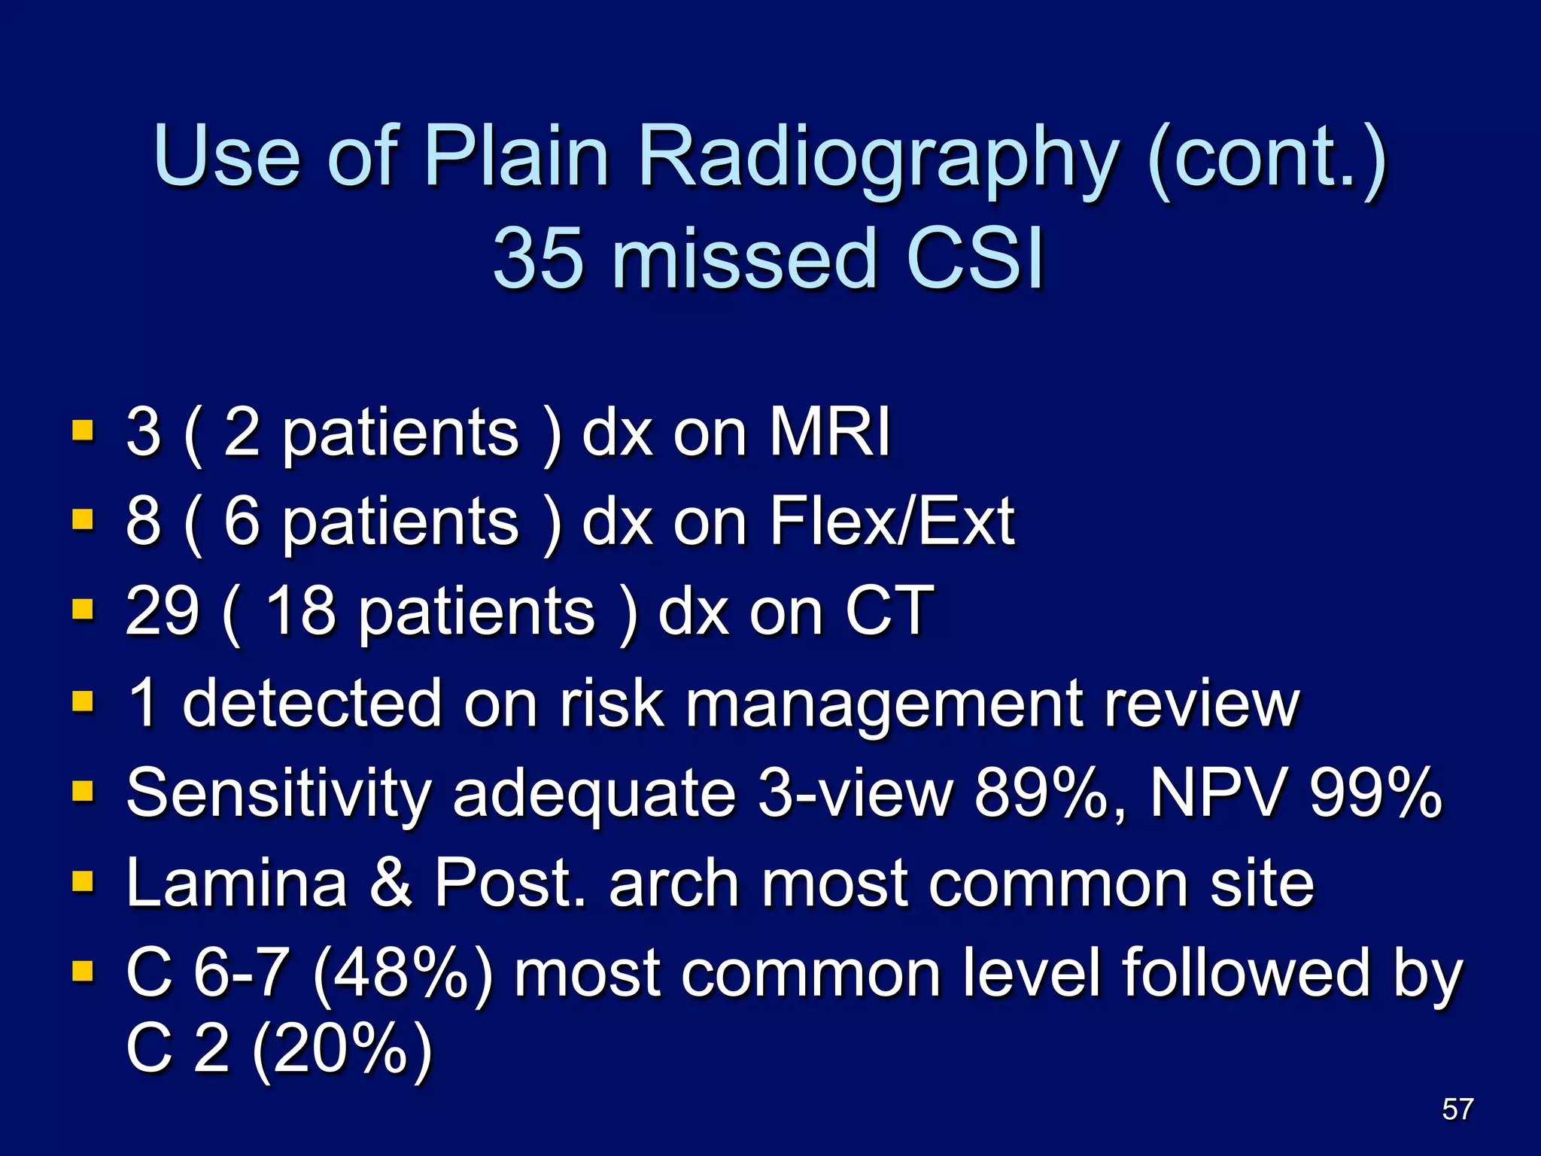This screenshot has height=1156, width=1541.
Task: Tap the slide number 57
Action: click(x=1457, y=1109)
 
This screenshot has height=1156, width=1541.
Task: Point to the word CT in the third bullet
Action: click(x=889, y=610)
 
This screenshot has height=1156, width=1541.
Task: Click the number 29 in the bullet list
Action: click(x=163, y=610)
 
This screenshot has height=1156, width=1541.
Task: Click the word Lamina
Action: click(x=236, y=882)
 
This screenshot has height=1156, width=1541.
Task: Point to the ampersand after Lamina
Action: click(x=391, y=882)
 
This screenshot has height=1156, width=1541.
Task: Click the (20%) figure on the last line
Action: click(x=342, y=1049)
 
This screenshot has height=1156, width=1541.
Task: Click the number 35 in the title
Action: click(x=537, y=258)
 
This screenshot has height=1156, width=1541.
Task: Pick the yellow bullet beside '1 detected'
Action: click(x=83, y=701)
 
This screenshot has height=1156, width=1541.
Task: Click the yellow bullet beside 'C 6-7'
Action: click(x=83, y=971)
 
